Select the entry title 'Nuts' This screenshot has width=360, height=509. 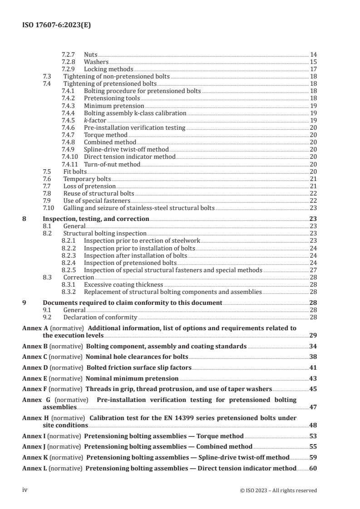coord(91,55)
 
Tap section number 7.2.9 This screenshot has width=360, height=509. coord(68,69)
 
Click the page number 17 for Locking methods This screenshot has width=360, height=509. coord(313,69)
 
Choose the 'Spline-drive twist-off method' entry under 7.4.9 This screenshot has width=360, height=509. coord(126,150)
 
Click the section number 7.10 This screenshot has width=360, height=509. coord(48,208)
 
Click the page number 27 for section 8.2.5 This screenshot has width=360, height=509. coord(313,270)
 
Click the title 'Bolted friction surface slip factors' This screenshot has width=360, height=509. coord(139,367)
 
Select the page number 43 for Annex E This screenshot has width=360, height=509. coord(313,378)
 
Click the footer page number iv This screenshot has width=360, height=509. coord(25,490)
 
